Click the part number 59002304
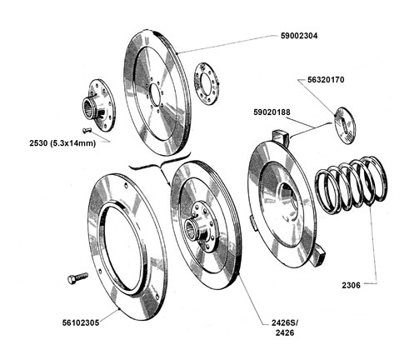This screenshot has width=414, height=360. [x=299, y=36]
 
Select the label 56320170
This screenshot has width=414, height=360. [x=326, y=80]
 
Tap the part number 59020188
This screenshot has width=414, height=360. [x=272, y=112]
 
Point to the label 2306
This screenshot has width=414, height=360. [x=351, y=285]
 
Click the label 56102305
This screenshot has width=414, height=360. [x=81, y=322]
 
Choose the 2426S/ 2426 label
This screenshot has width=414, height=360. [x=285, y=327]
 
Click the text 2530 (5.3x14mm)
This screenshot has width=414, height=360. [x=62, y=143]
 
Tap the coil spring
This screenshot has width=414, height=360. [x=351, y=183]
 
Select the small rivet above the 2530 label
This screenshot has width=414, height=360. [x=87, y=129]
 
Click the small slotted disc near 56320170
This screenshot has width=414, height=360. [x=345, y=125]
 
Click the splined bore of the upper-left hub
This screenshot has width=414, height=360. [x=88, y=108]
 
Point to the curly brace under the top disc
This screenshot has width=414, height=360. [x=160, y=162]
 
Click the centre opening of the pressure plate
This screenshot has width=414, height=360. [x=288, y=200]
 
